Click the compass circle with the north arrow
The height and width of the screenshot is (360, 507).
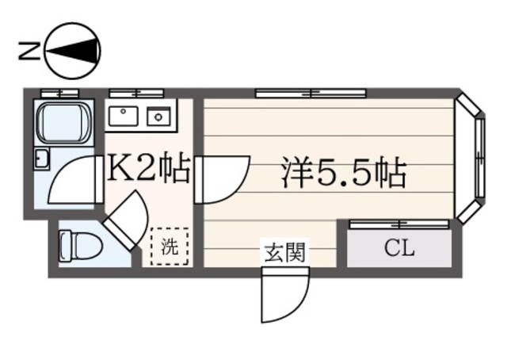coord(74,52)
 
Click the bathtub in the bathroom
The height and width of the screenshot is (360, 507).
coord(64,121)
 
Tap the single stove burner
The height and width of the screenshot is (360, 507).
coord(159,117)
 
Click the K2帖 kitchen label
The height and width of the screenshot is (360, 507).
coord(148,169)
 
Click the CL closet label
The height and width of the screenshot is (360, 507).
coord(399,249)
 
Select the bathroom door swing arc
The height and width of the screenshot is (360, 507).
coord(73,181)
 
